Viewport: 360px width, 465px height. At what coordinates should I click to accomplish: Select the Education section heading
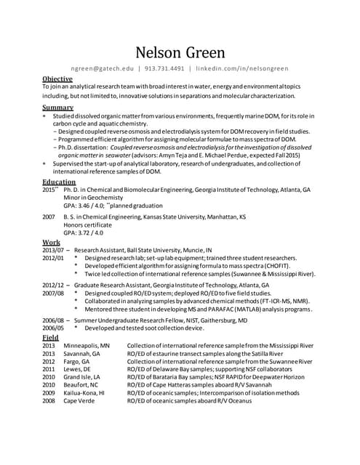pyautogui.click(x=59, y=182)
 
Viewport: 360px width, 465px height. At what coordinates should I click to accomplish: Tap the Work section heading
pyautogui.click(x=51, y=242)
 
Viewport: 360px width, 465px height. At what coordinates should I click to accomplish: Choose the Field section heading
pyautogui.click(x=50, y=338)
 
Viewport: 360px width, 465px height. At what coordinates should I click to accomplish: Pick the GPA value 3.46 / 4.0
pyautogui.click(x=88, y=206)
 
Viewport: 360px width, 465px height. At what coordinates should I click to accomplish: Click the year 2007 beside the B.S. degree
pyautogui.click(x=49, y=217)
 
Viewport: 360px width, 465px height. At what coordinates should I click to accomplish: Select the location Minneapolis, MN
pyautogui.click(x=87, y=346)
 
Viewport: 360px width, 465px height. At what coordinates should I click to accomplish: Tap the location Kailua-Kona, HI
pyautogui.click(x=84, y=392)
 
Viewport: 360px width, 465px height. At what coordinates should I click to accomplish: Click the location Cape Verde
pyautogui.click(x=79, y=400)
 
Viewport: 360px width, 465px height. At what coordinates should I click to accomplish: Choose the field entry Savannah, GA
pyautogui.click(x=81, y=354)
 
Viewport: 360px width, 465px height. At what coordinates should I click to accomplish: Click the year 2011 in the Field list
pyautogui.click(x=49, y=369)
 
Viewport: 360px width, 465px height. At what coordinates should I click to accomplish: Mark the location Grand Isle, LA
pyautogui.click(x=83, y=377)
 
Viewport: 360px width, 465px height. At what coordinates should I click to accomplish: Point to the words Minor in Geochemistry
pyautogui.click(x=92, y=198)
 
